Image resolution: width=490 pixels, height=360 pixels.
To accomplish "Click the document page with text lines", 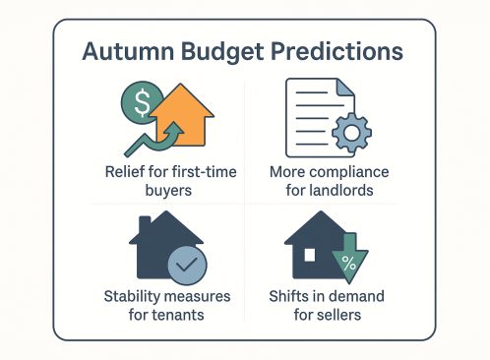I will pyautogui.click(x=312, y=114).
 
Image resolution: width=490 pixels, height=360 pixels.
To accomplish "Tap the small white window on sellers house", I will pyautogui.click(x=311, y=256).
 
